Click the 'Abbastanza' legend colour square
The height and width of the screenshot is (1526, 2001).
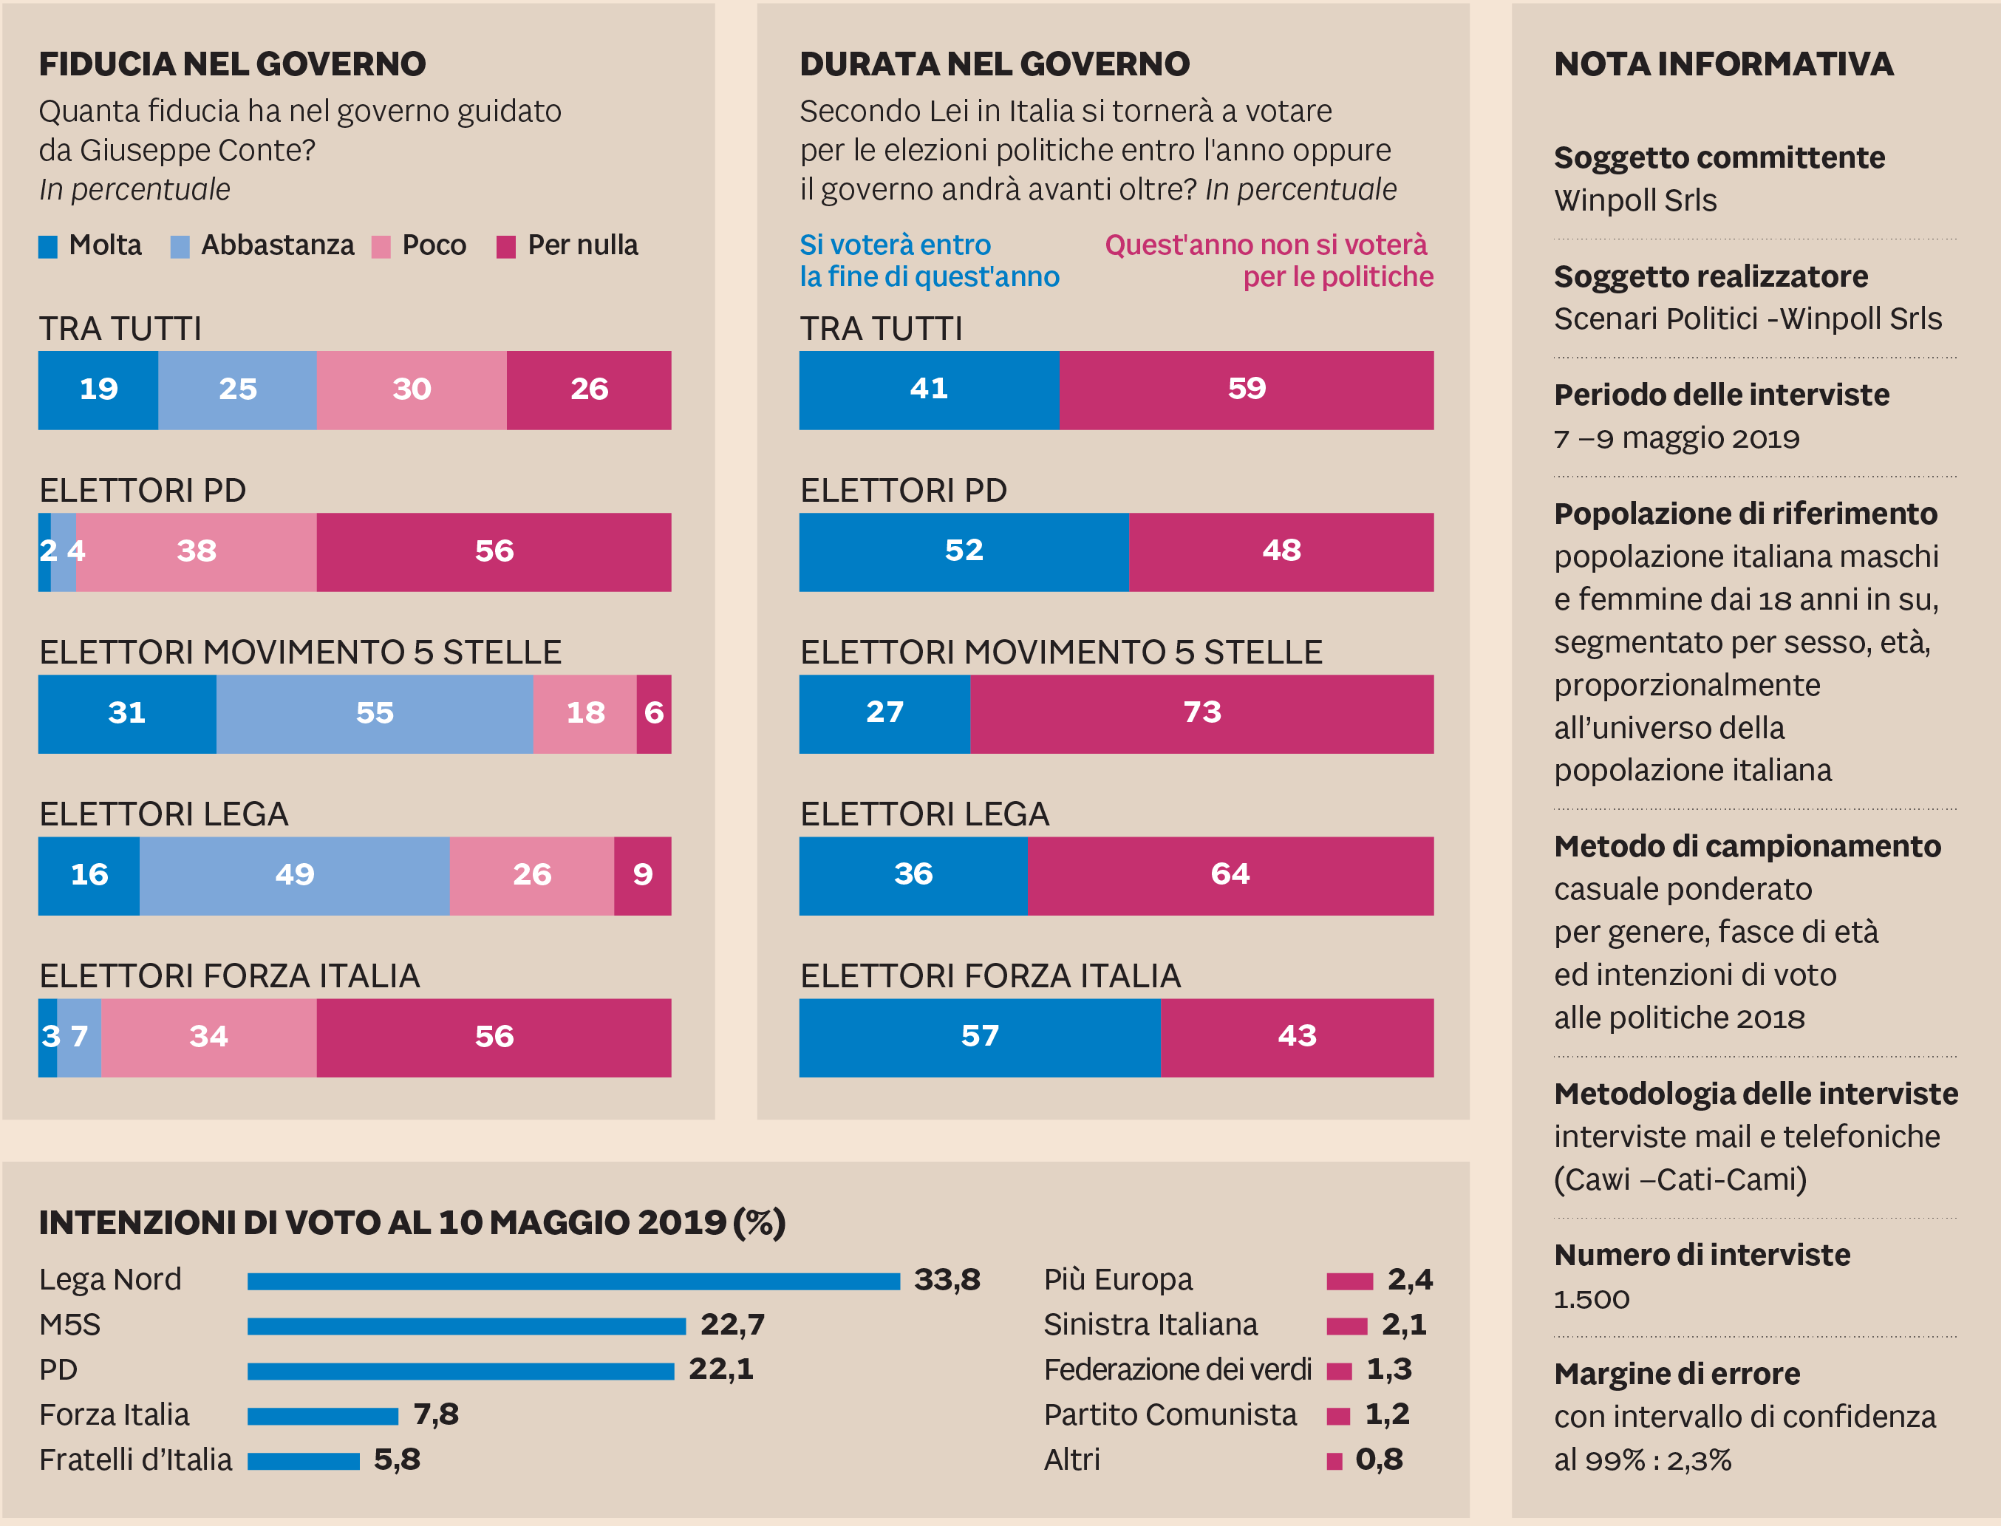(180, 247)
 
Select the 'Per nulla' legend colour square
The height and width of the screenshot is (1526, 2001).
(506, 247)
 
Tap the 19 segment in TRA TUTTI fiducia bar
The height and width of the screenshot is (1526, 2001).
(98, 389)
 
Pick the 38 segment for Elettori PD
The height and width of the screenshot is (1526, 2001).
(197, 551)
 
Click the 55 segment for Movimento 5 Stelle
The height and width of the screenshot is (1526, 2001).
(374, 713)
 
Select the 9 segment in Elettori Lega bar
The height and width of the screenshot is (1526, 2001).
(642, 875)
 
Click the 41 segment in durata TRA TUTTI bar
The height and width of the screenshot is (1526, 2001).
(928, 389)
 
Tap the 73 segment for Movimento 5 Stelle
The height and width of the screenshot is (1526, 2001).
(1201, 713)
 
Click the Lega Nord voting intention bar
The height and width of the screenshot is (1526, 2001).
(573, 1281)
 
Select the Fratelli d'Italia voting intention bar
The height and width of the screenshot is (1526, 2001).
(304, 1460)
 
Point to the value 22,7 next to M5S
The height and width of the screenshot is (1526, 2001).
(732, 1325)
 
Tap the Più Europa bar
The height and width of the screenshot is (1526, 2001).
(1349, 1281)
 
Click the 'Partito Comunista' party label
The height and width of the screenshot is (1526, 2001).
(1170, 1415)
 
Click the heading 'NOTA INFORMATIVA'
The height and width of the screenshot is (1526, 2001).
(1723, 64)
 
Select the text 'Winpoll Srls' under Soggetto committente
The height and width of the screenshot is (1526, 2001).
(1635, 201)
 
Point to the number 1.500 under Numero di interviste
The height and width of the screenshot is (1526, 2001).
(1592, 1300)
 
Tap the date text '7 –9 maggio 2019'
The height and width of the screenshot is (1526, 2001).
(1676, 439)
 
